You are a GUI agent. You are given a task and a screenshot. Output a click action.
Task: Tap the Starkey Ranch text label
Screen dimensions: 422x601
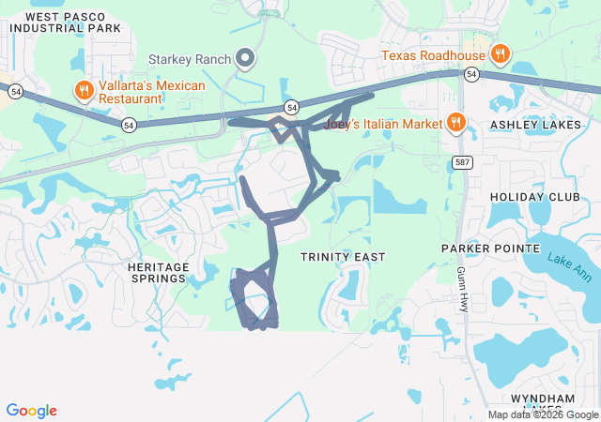point(191,60)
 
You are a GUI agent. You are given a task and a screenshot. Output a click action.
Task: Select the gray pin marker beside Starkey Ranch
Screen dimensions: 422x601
point(246,59)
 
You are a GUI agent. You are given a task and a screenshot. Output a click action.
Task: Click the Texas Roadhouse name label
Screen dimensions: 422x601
point(433,55)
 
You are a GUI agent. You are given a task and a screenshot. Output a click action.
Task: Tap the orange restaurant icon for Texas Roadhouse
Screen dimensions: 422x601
point(501,55)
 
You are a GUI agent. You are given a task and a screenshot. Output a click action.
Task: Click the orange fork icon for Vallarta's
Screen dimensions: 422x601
point(84,90)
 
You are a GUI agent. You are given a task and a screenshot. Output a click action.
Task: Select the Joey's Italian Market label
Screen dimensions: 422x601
point(382,123)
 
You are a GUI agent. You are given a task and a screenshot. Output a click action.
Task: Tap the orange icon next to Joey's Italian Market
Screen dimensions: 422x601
point(455,122)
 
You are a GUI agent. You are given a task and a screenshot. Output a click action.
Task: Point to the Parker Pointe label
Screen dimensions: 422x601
point(491,249)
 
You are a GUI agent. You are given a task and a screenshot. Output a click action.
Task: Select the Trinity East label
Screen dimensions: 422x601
point(343,256)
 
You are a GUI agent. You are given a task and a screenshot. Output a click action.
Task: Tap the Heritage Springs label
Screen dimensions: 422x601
point(158,273)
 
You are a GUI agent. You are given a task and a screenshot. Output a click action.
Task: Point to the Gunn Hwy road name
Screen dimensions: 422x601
point(463,288)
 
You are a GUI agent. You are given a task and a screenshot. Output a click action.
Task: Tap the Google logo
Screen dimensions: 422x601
point(32,411)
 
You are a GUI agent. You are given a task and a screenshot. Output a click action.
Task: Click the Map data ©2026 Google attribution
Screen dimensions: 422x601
point(543,414)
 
